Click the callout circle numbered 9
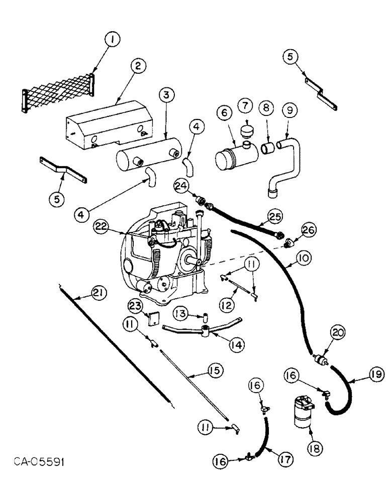[x=288, y=108]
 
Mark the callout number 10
[x=303, y=259]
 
